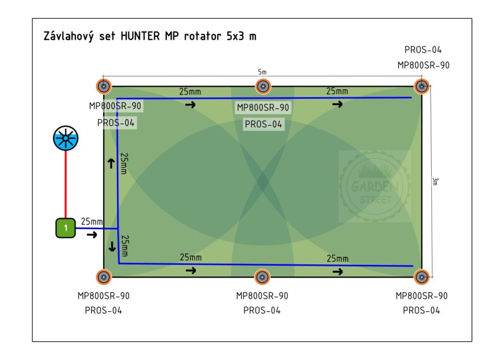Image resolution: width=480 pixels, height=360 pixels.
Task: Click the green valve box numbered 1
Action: tap(66, 228)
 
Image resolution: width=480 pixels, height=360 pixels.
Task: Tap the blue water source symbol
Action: tap(66, 139)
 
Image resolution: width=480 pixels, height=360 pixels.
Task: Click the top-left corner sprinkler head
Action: tap(104, 86)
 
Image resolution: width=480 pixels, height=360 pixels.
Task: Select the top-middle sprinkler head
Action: tap(262, 86)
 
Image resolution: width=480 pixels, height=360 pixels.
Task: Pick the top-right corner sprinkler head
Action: tap(422, 86)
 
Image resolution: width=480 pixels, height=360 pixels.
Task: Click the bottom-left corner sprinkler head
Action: tap(104, 277)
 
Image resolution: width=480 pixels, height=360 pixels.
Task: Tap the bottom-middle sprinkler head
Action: tap(262, 277)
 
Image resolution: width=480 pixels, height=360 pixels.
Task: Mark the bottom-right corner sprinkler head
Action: tap(421, 277)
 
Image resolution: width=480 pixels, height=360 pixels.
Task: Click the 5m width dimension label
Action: tap(262, 72)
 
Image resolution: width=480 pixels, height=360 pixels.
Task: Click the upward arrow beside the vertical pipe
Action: tap(111, 163)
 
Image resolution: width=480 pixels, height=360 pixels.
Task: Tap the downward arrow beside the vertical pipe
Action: tap(112, 246)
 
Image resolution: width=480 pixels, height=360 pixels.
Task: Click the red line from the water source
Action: tap(66, 185)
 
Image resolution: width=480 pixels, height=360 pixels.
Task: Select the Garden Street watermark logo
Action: tap(375, 187)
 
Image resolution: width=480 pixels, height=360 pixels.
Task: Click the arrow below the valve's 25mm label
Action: tap(92, 234)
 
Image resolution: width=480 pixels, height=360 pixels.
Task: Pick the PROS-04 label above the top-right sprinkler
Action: tap(423, 50)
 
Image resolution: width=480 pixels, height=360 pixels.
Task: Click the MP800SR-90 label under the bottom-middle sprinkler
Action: tap(262, 296)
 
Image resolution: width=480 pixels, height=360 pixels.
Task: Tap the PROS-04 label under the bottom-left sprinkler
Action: tap(104, 310)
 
